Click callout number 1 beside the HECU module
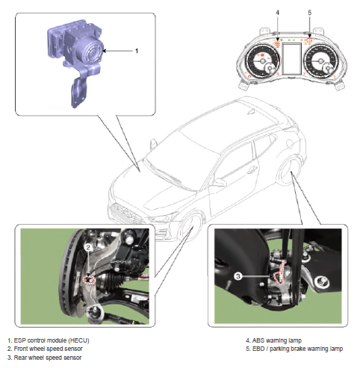click(137, 51)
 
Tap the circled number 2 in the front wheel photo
click(88, 247)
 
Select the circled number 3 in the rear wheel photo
click(238, 276)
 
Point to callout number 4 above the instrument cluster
click(278, 13)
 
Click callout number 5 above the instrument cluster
click(309, 13)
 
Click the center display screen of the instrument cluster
click(292, 59)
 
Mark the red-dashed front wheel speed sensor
click(90, 280)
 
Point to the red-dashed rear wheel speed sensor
click(280, 272)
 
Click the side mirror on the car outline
click(153, 144)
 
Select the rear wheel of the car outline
click(289, 171)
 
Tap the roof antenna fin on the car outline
click(251, 112)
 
